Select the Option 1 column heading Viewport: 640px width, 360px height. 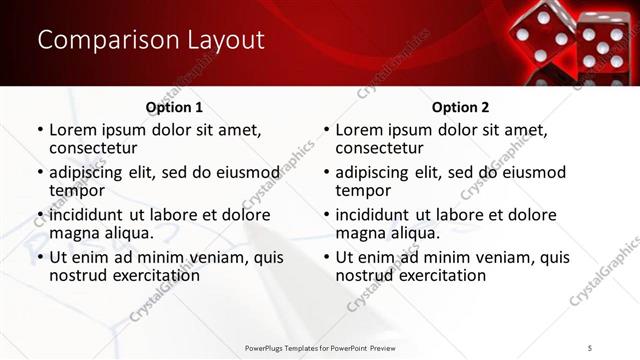click(x=174, y=107)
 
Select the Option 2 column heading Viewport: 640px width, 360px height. click(x=460, y=107)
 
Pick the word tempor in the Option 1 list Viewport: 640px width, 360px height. click(x=77, y=190)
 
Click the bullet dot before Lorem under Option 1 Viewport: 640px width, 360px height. click(x=39, y=130)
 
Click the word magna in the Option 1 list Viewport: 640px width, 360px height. click(x=76, y=233)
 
